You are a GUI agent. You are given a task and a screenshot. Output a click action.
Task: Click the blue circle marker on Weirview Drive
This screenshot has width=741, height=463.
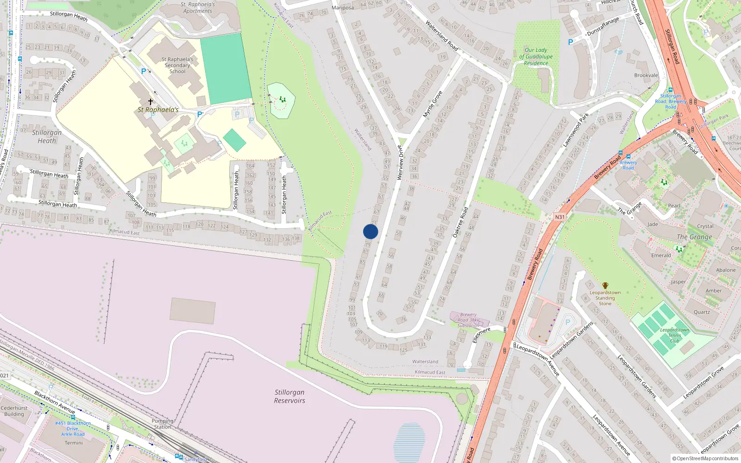[370, 231]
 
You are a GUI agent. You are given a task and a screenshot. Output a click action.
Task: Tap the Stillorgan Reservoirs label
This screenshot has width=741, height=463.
[289, 396]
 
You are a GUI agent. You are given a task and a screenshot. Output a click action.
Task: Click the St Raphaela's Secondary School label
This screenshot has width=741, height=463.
[177, 65]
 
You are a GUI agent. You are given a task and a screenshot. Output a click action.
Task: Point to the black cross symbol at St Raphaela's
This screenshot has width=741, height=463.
[150, 101]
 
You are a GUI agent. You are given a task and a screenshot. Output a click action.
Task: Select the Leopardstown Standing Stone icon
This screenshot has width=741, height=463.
[605, 286]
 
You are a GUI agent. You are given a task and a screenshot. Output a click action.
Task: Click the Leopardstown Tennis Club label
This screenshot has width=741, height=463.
[675, 335]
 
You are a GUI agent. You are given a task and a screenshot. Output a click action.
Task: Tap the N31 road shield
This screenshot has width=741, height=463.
[559, 217]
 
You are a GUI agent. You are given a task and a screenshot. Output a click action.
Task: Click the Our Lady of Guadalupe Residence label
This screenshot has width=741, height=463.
[536, 56]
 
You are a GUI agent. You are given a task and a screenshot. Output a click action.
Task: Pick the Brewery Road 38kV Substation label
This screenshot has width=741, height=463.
[468, 320]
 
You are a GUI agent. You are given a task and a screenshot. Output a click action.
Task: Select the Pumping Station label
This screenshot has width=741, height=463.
[163, 424]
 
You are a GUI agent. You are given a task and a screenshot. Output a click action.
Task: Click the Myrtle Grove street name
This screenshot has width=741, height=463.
[433, 104]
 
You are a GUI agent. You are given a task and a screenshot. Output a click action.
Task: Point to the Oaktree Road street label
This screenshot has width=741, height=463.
[460, 222]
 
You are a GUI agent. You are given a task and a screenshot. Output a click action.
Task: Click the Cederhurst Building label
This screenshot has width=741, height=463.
[14, 411]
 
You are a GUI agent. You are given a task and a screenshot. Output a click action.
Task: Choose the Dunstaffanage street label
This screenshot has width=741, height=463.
[603, 26]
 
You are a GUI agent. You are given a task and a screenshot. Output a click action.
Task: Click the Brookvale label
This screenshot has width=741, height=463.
[646, 75]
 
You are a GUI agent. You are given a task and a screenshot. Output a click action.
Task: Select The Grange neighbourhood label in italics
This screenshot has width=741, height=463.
[694, 237]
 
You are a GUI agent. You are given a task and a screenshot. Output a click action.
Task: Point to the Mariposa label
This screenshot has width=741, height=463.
[342, 8]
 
